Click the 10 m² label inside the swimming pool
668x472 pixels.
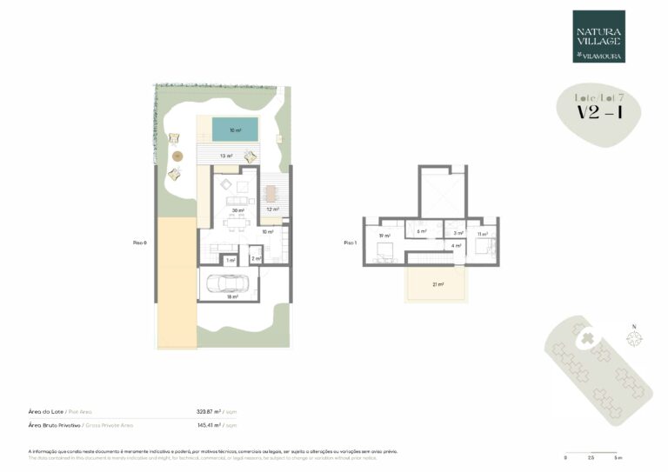pyautogui.click(x=235, y=130)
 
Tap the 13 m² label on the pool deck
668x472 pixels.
pyautogui.click(x=225, y=156)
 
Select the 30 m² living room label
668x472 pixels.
pyautogui.click(x=237, y=210)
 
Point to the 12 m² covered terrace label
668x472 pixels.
pyautogui.click(x=271, y=209)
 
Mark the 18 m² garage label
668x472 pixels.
pyautogui.click(x=232, y=297)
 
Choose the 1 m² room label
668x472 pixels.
pyautogui.click(x=230, y=260)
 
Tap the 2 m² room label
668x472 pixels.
pyautogui.click(x=256, y=258)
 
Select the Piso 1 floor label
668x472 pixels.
pyautogui.click(x=350, y=243)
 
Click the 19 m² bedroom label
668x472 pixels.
pyautogui.click(x=384, y=235)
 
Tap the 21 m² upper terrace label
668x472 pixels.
pyautogui.click(x=438, y=284)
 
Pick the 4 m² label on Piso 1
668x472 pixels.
pyautogui.click(x=455, y=246)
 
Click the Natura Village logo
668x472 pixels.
pyautogui.click(x=598, y=36)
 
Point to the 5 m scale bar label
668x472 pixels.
pyautogui.click(x=618, y=457)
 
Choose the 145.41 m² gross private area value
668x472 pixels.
pyautogui.click(x=210, y=425)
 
